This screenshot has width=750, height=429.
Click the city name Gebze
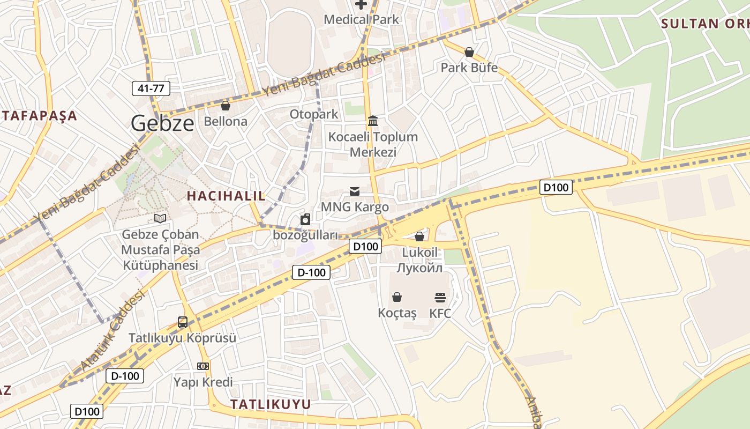click(x=162, y=123)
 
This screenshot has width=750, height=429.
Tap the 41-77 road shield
click(x=151, y=88)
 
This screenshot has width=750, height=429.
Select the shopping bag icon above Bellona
click(x=226, y=105)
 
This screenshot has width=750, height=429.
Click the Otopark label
click(x=314, y=114)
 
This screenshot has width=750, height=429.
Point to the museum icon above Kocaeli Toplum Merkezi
click(x=373, y=121)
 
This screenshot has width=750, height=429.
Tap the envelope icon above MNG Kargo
click(x=354, y=191)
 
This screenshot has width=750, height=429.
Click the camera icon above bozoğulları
click(x=305, y=219)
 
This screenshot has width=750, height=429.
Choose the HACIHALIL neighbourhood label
click(x=226, y=196)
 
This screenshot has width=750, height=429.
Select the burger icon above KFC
click(x=440, y=297)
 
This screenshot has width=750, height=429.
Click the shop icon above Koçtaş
click(x=397, y=297)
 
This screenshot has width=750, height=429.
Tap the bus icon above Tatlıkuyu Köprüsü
click(x=183, y=322)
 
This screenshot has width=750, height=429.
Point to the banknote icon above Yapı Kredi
click(x=202, y=366)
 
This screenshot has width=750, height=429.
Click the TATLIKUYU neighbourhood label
click(x=271, y=404)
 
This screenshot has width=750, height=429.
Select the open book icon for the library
click(x=160, y=218)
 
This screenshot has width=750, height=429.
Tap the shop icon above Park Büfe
click(x=469, y=52)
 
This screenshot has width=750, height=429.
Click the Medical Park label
click(x=362, y=20)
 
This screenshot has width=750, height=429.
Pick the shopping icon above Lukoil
click(x=419, y=236)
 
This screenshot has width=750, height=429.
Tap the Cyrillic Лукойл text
click(x=420, y=268)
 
